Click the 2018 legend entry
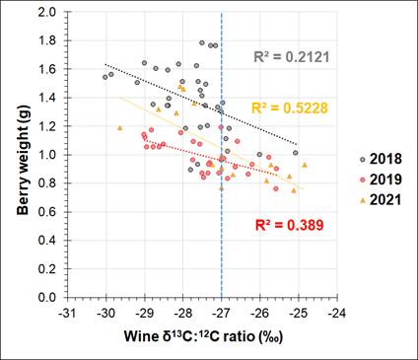pyautogui.click(x=381, y=159)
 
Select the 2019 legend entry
pyautogui.click(x=381, y=180)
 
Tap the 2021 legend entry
pyautogui.click(x=381, y=200)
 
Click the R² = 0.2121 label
pyautogui.click(x=291, y=57)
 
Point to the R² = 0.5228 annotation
pyautogui.click(x=290, y=108)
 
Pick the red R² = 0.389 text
pyautogui.click(x=290, y=225)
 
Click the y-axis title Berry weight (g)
pyautogui.click(x=24, y=160)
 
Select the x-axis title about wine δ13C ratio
pyautogui.click(x=203, y=336)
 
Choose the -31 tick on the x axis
pyautogui.click(x=68, y=314)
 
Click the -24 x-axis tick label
pyautogui.click(x=337, y=314)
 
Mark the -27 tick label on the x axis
pyautogui.click(x=222, y=314)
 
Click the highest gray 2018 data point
pyautogui.click(x=202, y=42)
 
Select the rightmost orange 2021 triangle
pyautogui.click(x=305, y=165)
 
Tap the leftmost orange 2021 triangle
pyautogui.click(x=119, y=127)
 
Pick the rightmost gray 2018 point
pyautogui.click(x=295, y=153)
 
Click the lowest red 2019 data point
pyautogui.click(x=276, y=188)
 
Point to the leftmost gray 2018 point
pyautogui.click(x=105, y=77)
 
